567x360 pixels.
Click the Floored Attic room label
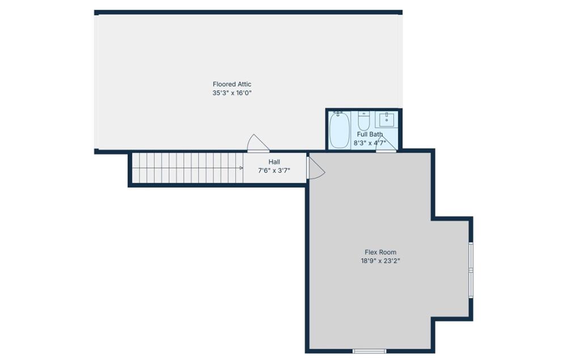232,84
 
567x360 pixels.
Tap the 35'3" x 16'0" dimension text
232,93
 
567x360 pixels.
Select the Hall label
274,162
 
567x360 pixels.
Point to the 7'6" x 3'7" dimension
274,171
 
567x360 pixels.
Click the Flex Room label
380,252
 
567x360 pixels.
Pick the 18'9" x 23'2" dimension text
380,261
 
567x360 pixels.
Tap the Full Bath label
370,134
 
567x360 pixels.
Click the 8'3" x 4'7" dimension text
370,143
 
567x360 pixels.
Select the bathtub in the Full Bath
340,130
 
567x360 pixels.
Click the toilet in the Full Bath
364,121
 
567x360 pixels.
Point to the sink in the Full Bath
387,119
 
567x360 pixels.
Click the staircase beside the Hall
187,168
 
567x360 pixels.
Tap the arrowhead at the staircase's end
241,168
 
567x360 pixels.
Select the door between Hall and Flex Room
316,168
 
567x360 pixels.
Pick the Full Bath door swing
386,144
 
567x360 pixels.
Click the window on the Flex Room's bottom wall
370,351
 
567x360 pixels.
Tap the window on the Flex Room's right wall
471,270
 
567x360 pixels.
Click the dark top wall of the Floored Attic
248,12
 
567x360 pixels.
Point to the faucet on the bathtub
338,114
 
